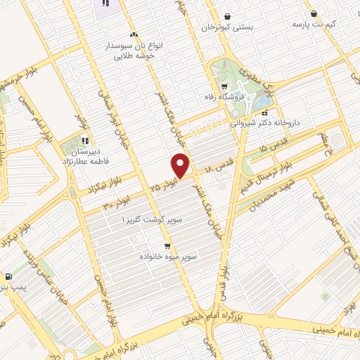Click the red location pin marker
pyautogui.click(x=181, y=165)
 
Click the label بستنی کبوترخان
pyautogui.click(x=226, y=27)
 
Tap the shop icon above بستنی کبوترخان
pyautogui.click(x=226, y=16)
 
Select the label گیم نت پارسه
pyautogui.click(x=314, y=24)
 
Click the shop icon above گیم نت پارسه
pyautogui.click(x=314, y=13)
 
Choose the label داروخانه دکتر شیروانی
pyautogui.click(x=264, y=122)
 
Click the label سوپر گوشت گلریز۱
pyautogui.click(x=153, y=220)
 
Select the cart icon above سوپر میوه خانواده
pyautogui.click(x=167, y=246)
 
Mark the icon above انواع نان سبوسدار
pyautogui.click(x=134, y=34)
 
